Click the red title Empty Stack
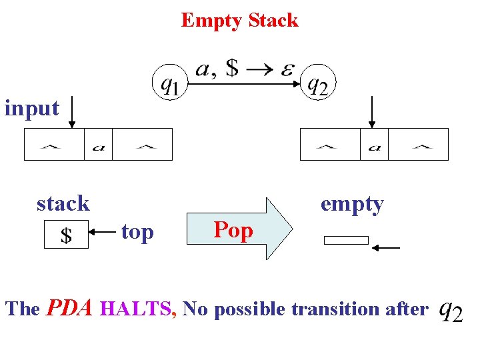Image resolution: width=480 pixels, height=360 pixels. (x=239, y=20)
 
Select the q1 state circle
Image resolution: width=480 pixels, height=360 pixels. (x=171, y=84)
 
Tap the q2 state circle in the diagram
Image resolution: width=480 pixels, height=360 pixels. (x=319, y=84)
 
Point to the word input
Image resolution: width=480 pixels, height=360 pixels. (x=31, y=107)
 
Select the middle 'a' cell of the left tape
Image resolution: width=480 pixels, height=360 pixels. (x=98, y=145)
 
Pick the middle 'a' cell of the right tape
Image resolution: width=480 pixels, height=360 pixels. (x=374, y=145)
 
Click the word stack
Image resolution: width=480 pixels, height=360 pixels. (x=63, y=203)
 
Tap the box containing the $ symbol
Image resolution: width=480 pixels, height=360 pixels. (x=66, y=235)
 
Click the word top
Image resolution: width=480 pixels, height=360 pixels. (x=137, y=232)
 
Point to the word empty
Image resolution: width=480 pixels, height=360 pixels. (x=352, y=203)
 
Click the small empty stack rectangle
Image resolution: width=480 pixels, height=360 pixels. (x=346, y=240)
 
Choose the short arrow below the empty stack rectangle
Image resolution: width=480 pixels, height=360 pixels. (x=386, y=248)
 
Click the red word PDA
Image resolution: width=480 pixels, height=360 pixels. (x=70, y=308)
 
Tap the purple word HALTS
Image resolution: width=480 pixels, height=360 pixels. (x=137, y=309)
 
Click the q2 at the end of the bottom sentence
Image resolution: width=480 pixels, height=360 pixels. (x=451, y=310)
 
